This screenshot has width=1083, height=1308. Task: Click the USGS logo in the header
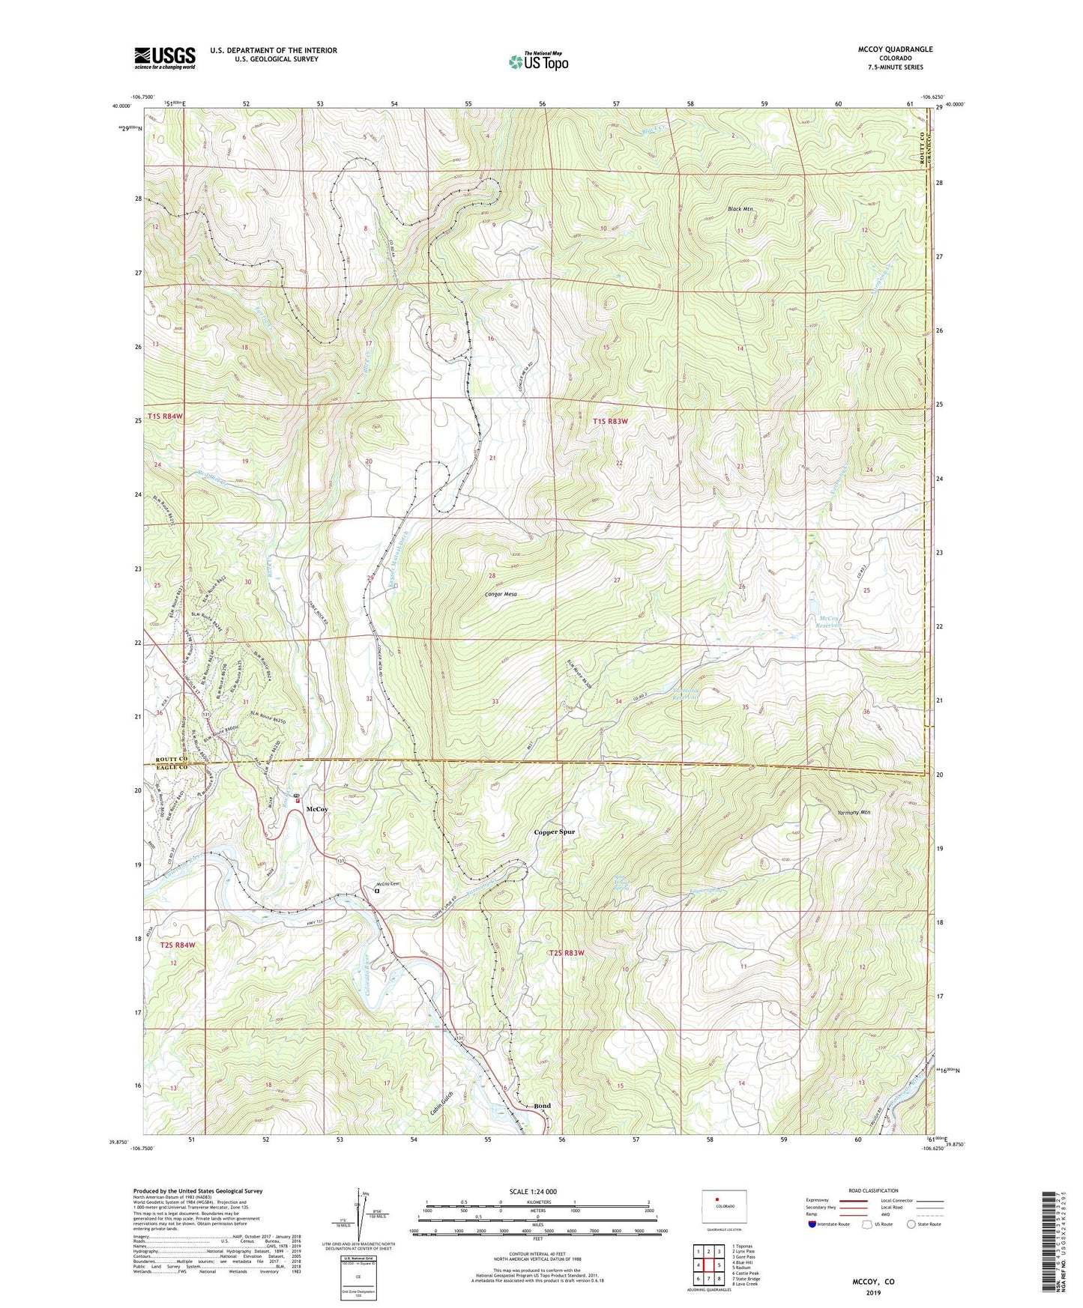[x=165, y=58]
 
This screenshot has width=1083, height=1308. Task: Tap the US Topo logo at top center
[x=537, y=61]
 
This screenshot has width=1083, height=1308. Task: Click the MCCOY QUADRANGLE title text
[x=895, y=49]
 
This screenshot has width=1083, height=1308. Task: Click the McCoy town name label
[x=317, y=809]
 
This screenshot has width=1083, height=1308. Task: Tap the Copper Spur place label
[x=554, y=832]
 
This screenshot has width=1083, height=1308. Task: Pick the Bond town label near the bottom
[x=542, y=1106]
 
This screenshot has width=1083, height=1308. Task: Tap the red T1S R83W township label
[x=609, y=421]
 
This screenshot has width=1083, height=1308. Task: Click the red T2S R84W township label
[x=177, y=945]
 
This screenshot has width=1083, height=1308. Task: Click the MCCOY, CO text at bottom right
[x=873, y=1282]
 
